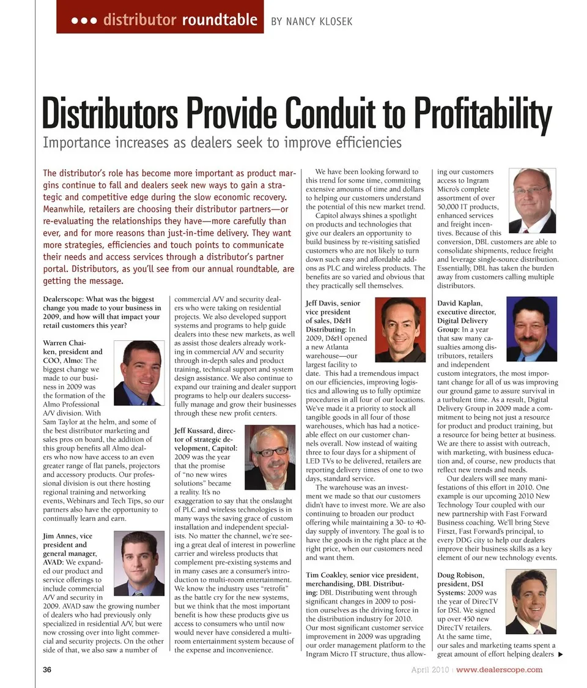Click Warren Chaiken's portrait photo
pos(138,373)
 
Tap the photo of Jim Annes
pos(139,563)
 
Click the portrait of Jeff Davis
pos(400,329)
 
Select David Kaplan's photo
pos(531,329)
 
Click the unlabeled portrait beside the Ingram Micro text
pos(531,200)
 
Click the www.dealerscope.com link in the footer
pos(499,670)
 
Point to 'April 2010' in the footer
pos(430,670)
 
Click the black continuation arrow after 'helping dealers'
pos(560,654)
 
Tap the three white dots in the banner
pos(84,20)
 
